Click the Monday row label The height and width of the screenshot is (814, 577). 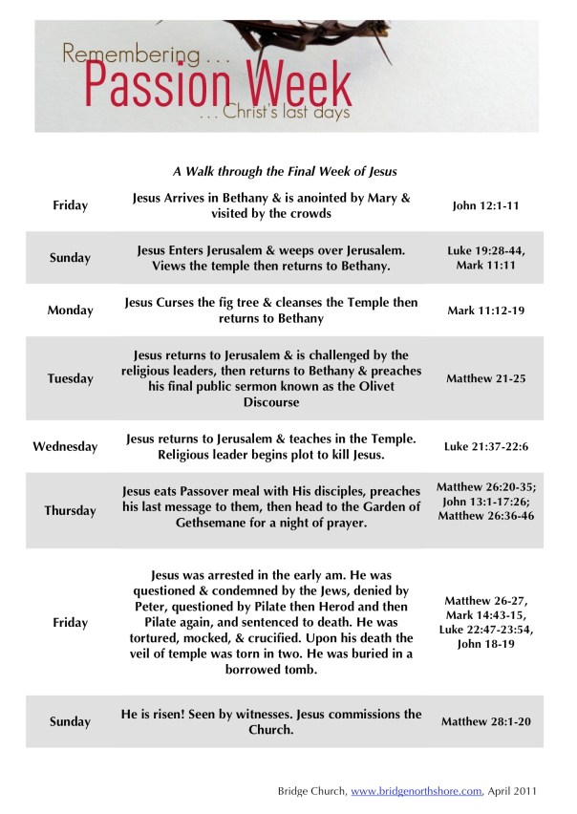pyautogui.click(x=71, y=311)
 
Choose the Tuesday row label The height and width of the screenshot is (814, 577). pyautogui.click(x=71, y=378)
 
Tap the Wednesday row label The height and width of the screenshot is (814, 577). pyautogui.click(x=65, y=446)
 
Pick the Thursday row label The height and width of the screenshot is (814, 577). pyautogui.click(x=70, y=510)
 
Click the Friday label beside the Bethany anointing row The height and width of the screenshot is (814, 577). pyautogui.click(x=71, y=205)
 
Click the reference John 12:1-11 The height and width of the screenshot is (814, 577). pyautogui.click(x=484, y=205)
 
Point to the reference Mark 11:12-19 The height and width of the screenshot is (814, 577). pyautogui.click(x=484, y=311)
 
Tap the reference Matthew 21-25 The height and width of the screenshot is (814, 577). pyautogui.click(x=484, y=378)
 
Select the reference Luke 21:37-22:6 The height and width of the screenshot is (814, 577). pyautogui.click(x=484, y=446)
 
